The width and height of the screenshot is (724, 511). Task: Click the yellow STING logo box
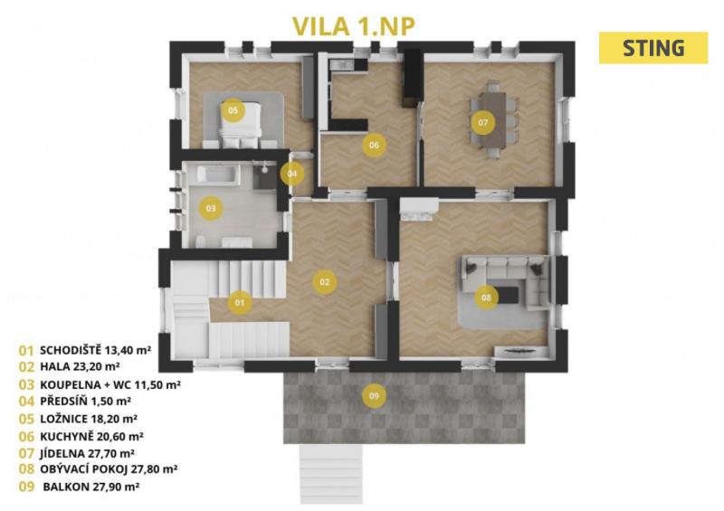pos(653,48)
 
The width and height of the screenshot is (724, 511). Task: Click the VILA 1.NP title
pos(354,26)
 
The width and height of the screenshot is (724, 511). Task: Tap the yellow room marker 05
pos(233,110)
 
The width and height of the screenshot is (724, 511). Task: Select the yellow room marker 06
pos(374,145)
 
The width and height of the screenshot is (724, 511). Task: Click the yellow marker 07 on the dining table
pos(483,122)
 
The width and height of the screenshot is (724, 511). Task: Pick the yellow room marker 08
pos(486,298)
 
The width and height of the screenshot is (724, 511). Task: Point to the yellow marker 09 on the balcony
pos(374,395)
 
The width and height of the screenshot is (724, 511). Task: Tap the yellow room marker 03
pos(211,208)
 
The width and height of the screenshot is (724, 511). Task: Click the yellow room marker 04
pos(291,174)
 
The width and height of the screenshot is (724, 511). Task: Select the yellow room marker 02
pos(325,281)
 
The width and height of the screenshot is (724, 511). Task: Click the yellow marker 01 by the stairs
pos(239,303)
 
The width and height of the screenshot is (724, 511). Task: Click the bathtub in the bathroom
pos(217,175)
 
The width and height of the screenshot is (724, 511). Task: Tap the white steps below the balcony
pos(331,474)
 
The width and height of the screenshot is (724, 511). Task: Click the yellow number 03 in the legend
pos(27,384)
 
